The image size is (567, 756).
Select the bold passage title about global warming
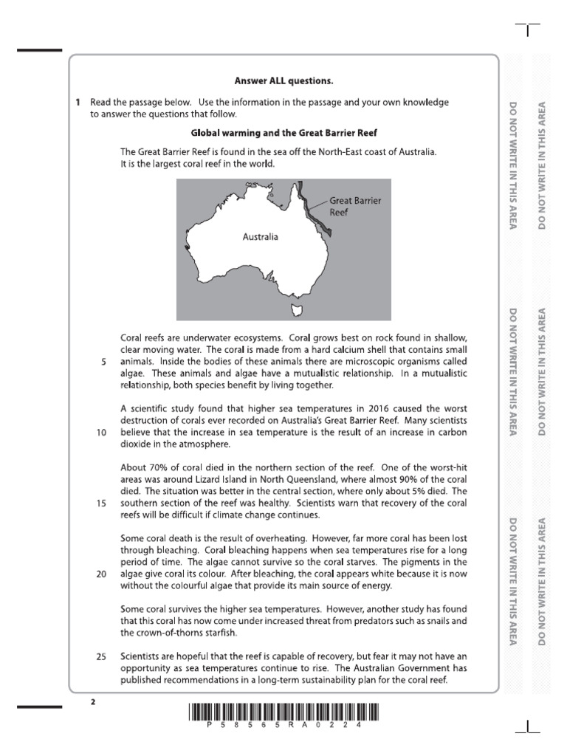coord(283,133)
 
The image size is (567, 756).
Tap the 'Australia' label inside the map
coord(261,237)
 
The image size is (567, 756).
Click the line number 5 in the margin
coord(103,362)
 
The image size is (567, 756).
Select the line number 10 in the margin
coord(101,433)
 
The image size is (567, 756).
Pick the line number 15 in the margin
coord(101,503)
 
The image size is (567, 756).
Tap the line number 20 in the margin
coord(101,574)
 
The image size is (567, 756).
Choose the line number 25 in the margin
coord(101,656)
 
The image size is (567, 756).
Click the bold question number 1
coord(78,103)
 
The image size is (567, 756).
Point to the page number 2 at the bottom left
coord(93,702)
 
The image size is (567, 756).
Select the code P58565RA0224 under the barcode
coord(283,726)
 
